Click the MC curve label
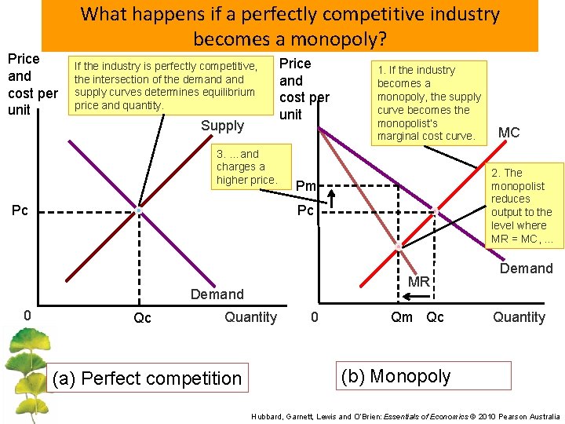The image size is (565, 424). tap(508, 133)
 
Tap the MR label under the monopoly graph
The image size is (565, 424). tap(418, 281)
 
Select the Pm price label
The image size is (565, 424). tap(305, 186)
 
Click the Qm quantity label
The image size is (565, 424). tap(401, 317)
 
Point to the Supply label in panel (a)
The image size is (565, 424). tap(222, 126)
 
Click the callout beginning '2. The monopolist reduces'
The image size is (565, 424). tap(523, 206)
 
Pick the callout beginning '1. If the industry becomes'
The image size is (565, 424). tap(428, 103)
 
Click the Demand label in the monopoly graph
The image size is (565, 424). tap(526, 269)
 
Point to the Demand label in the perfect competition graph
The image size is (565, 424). tap(217, 294)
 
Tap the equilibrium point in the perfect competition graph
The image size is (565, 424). tap(139, 211)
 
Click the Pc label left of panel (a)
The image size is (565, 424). tap(20, 210)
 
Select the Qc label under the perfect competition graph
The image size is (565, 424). tap(142, 318)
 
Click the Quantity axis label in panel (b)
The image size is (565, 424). tap(519, 317)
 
